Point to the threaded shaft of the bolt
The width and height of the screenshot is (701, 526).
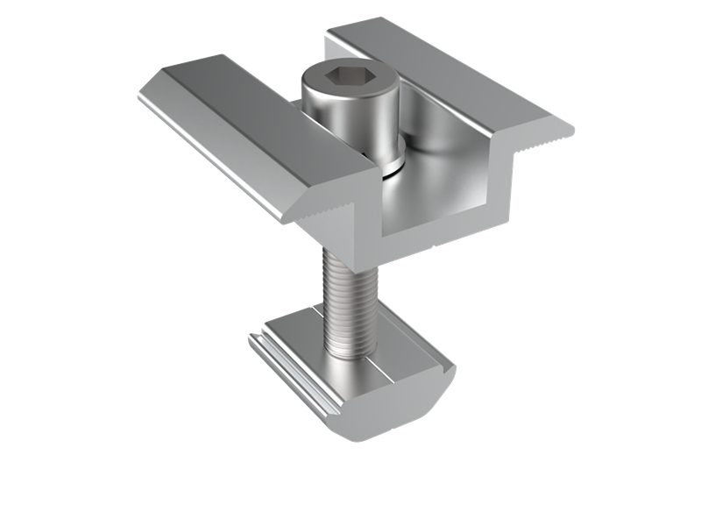350,298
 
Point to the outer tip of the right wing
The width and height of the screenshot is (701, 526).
568,131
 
